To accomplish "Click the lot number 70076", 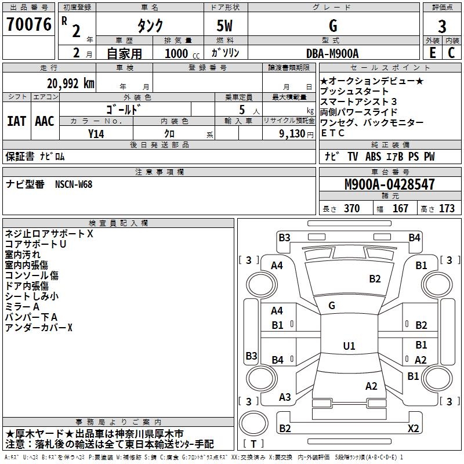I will tap(28, 25).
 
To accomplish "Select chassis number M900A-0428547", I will tap(390, 184).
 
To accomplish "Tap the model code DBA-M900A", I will tap(332, 54).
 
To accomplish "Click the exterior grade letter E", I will tap(432, 54).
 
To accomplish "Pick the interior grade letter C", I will tap(452, 54).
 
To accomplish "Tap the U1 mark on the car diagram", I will tap(349, 346).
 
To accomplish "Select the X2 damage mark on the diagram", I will tap(413, 428).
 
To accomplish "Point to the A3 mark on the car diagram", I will tap(285, 397).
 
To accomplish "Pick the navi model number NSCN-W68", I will tap(74, 184).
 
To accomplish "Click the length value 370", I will tap(351, 209).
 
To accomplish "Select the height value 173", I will tap(447, 209).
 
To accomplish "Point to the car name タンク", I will tap(149, 26).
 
